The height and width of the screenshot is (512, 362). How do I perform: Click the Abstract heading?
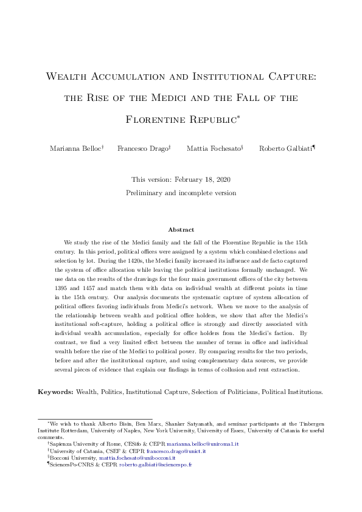pos(181,230)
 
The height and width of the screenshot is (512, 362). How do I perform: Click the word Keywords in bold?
pos(55,392)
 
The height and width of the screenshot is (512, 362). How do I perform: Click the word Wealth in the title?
pos(68,77)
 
